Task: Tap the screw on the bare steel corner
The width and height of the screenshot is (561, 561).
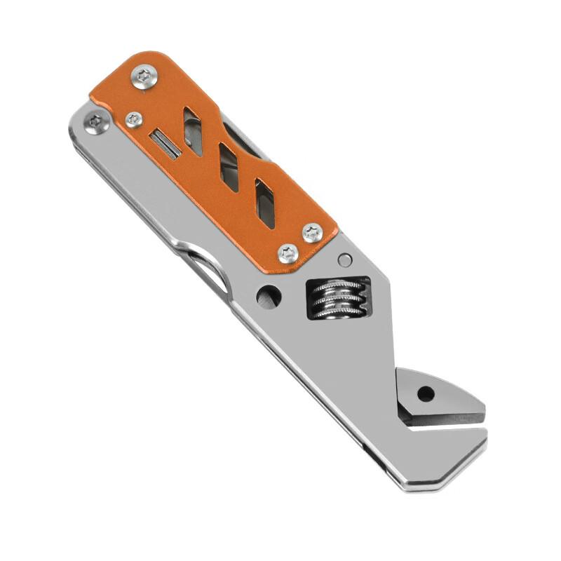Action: pos(95,124)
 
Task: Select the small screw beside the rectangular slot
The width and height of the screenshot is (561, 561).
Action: pos(134,120)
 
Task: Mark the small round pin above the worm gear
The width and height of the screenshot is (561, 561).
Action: pos(344,260)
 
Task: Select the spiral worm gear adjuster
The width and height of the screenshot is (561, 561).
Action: pos(339,298)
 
